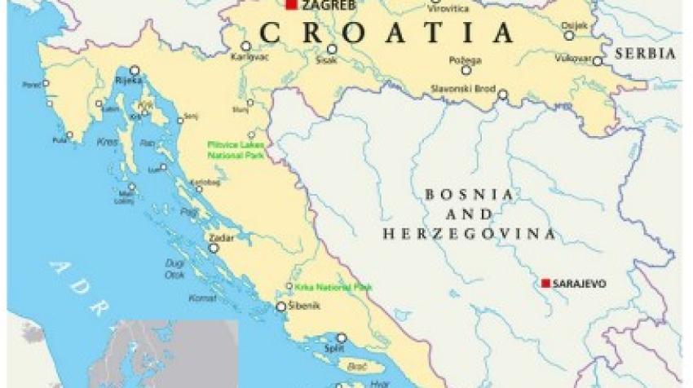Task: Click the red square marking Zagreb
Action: point(291,5)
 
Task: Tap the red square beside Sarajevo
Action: point(545,284)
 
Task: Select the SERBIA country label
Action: point(646,53)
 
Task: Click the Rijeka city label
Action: point(130,80)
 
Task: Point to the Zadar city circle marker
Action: point(214,248)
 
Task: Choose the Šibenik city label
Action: point(305,306)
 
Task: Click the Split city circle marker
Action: point(341,337)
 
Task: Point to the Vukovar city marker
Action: point(598,61)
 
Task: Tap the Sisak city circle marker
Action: point(332,49)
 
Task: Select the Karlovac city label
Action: point(245,59)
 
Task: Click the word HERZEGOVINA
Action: point(470,234)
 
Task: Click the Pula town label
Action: point(58,140)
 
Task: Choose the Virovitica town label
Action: point(448,8)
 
